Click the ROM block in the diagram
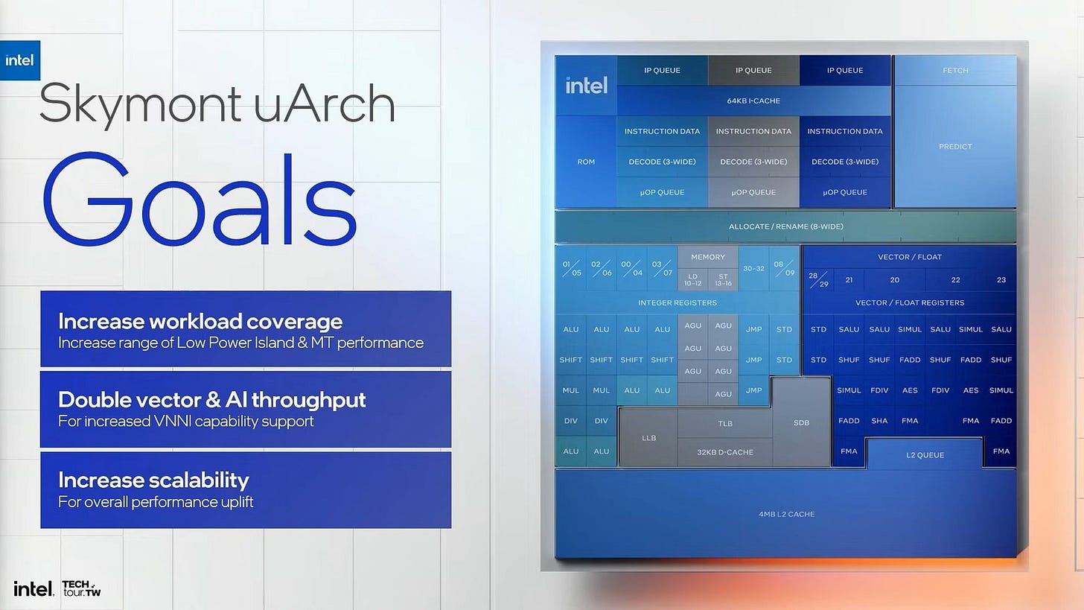[586, 162]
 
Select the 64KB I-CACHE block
[753, 101]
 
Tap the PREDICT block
[955, 147]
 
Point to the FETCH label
[955, 70]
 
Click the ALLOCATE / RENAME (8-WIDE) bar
[785, 226]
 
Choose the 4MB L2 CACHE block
[786, 514]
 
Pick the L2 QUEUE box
[925, 455]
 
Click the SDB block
[801, 423]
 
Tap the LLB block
[648, 438]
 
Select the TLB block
[725, 424]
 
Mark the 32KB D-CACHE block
[725, 452]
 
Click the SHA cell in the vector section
[879, 421]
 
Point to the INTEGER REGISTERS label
[677, 302]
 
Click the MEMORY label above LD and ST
[707, 257]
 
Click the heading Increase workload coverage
[200, 321]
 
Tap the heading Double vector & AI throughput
[212, 399]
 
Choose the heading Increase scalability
[153, 480]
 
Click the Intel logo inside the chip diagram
[586, 86]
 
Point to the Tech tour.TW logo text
[81, 588]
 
